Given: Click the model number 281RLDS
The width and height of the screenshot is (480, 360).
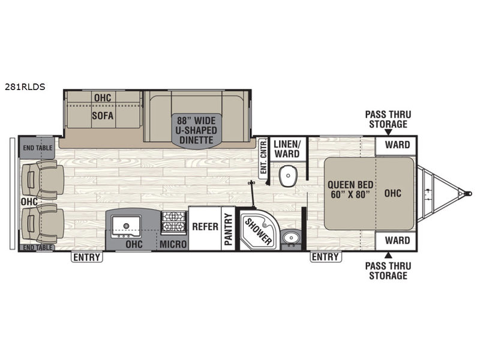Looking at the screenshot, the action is (x=25, y=87).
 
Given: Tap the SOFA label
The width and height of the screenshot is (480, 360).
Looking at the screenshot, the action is (x=103, y=116).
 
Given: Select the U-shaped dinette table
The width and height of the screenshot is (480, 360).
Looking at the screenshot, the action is (x=196, y=131).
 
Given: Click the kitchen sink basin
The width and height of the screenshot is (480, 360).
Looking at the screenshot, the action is (x=126, y=226).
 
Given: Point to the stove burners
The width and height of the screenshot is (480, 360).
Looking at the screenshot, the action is (x=174, y=221).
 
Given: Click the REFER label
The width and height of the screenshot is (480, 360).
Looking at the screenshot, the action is (x=205, y=227).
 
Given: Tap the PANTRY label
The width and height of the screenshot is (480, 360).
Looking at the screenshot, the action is (x=229, y=229).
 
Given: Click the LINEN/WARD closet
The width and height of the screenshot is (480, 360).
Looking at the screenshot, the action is (x=287, y=149).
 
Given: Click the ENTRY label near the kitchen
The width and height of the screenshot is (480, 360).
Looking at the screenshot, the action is (x=87, y=257).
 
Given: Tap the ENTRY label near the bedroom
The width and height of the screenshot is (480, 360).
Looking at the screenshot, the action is (x=325, y=257).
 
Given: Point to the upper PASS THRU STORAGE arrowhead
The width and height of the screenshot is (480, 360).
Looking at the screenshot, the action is (x=388, y=132).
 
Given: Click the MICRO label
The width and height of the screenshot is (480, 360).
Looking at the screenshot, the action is (x=173, y=244).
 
